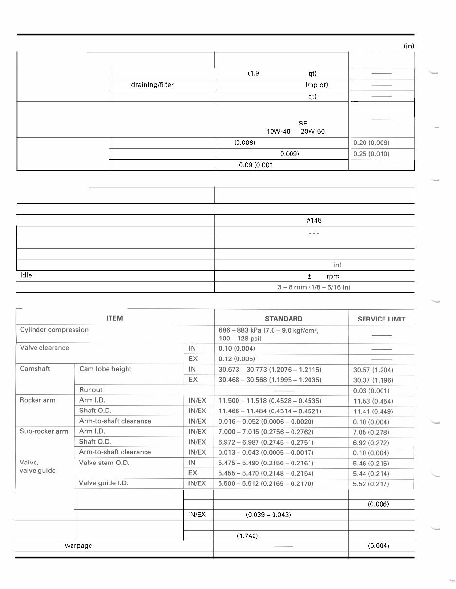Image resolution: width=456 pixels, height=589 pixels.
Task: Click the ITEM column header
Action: pyautogui.click(x=114, y=318)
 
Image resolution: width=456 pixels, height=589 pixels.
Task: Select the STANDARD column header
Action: pyautogui.click(x=283, y=319)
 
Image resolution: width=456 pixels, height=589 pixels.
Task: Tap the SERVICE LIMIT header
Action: pyautogui.click(x=381, y=319)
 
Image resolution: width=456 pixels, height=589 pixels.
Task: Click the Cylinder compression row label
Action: pyautogui.click(x=55, y=330)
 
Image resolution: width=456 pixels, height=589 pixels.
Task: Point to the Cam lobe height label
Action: pyautogui.click(x=105, y=369)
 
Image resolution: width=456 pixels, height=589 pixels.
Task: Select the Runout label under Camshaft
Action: pyautogui.click(x=91, y=390)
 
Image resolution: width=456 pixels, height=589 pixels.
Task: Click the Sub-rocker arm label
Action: pyautogui.click(x=44, y=431)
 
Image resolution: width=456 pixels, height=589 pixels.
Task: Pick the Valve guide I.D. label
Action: pyautogui.click(x=104, y=483)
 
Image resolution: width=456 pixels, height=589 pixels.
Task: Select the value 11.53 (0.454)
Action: pyautogui.click(x=373, y=401)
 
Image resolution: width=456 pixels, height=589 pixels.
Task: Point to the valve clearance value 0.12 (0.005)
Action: pyautogui.click(x=237, y=358)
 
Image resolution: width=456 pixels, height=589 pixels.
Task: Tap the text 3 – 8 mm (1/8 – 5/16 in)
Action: pyautogui.click(x=314, y=287)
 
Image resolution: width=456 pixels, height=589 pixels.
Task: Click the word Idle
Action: pyautogui.click(x=26, y=275)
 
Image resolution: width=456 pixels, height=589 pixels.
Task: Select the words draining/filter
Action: pyautogui.click(x=152, y=85)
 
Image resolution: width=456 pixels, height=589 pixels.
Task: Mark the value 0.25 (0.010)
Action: pyautogui.click(x=371, y=154)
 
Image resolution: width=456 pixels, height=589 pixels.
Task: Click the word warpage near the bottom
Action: pyautogui.click(x=78, y=546)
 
